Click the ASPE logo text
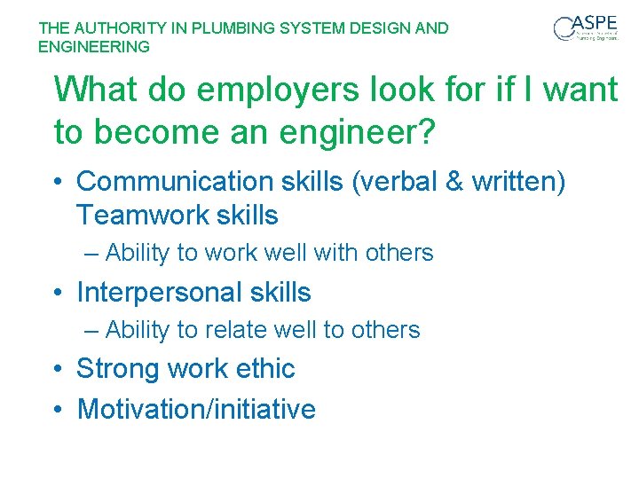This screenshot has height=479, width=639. [597, 23]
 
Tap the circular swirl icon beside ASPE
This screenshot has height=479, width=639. [564, 29]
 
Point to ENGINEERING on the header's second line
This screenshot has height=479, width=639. [94, 46]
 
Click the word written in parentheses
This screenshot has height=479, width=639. [521, 181]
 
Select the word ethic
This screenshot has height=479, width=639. [264, 368]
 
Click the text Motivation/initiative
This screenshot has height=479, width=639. [196, 409]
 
